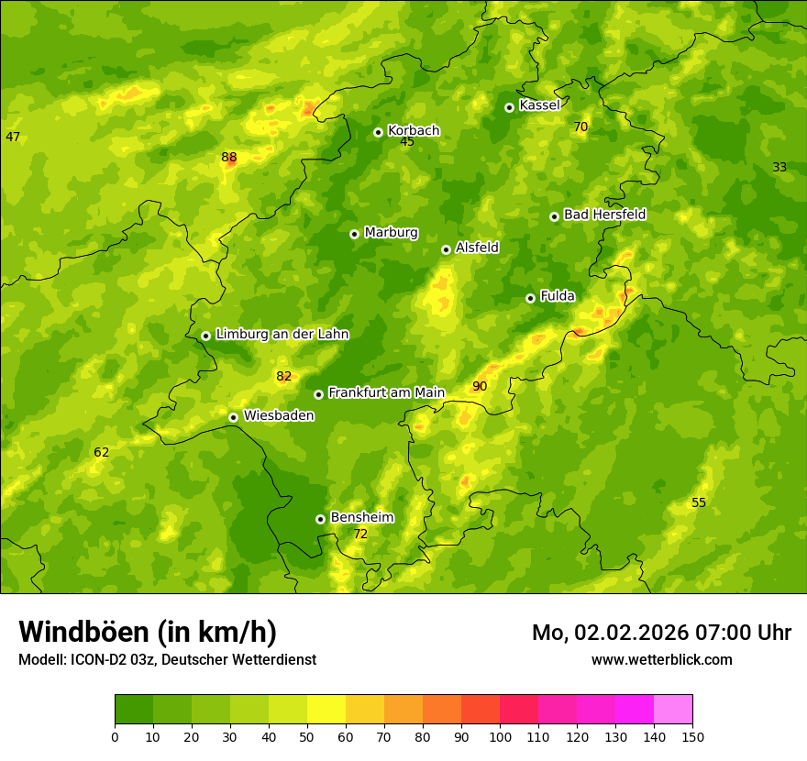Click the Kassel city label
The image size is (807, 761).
pyautogui.click(x=539, y=105)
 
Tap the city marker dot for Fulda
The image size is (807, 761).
pyautogui.click(x=530, y=298)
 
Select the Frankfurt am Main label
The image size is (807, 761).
pyautogui.click(x=386, y=392)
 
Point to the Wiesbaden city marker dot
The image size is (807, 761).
pyautogui.click(x=233, y=417)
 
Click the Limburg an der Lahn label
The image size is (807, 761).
pyautogui.click(x=282, y=335)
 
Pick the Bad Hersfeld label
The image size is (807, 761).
pyautogui.click(x=604, y=215)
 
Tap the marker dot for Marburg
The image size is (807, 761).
pyautogui.click(x=354, y=234)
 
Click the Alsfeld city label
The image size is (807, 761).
pyautogui.click(x=477, y=248)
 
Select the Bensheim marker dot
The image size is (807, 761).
pyautogui.click(x=320, y=519)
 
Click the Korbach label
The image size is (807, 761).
pyautogui.click(x=414, y=130)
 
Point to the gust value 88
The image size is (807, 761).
pyautogui.click(x=229, y=158)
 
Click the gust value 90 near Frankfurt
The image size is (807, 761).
pyautogui.click(x=480, y=386)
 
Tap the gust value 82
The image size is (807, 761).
pyautogui.click(x=283, y=376)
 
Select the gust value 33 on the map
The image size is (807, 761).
pyautogui.click(x=779, y=167)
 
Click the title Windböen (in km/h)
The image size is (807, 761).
pyautogui.click(x=148, y=632)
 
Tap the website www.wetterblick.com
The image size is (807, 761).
pyautogui.click(x=661, y=659)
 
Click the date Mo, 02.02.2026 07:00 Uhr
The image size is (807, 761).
pyautogui.click(x=661, y=633)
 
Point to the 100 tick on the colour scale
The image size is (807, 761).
pyautogui.click(x=500, y=736)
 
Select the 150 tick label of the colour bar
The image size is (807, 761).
pyautogui.click(x=692, y=736)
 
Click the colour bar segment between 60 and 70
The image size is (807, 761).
pyautogui.click(x=365, y=710)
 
